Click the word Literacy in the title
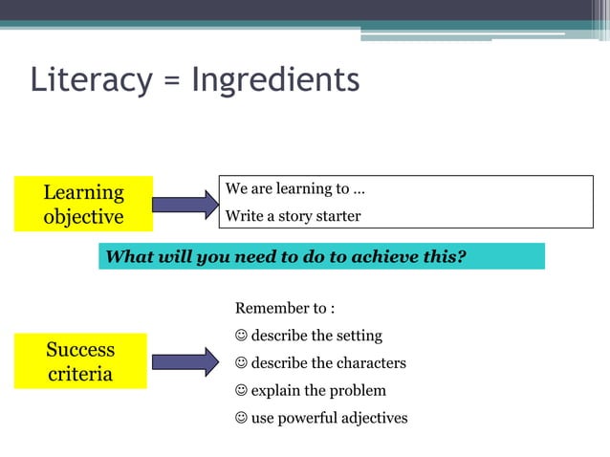coord(90,79)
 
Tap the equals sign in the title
coord(172,80)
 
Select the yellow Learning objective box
coord(83,204)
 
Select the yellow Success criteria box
coord(80,360)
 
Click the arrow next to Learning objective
coord(185,204)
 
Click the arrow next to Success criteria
coord(185,361)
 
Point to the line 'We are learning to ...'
coord(294,189)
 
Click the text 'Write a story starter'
coord(293,216)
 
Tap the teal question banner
coord(321,256)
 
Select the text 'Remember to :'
coord(285,308)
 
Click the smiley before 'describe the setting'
coord(241,336)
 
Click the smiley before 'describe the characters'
coord(241,363)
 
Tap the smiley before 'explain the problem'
coord(241,390)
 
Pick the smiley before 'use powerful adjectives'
coord(241,418)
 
